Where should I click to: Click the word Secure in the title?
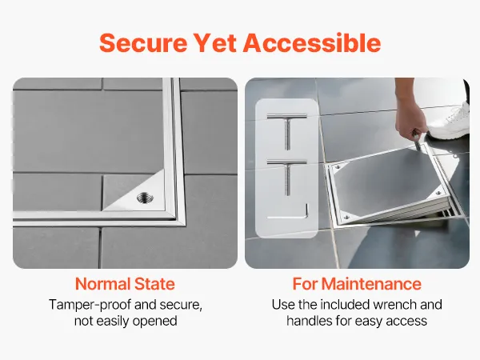[x=143, y=43]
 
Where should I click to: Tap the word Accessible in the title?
[x=312, y=42]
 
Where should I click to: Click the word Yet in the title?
[x=215, y=43]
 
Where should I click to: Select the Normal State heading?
[x=125, y=284]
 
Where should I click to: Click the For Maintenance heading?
[x=357, y=284]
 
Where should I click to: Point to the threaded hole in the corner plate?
[x=145, y=198]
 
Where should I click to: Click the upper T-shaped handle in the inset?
[x=287, y=131]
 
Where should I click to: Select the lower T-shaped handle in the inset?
[x=287, y=177]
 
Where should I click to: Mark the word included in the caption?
[x=344, y=305]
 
